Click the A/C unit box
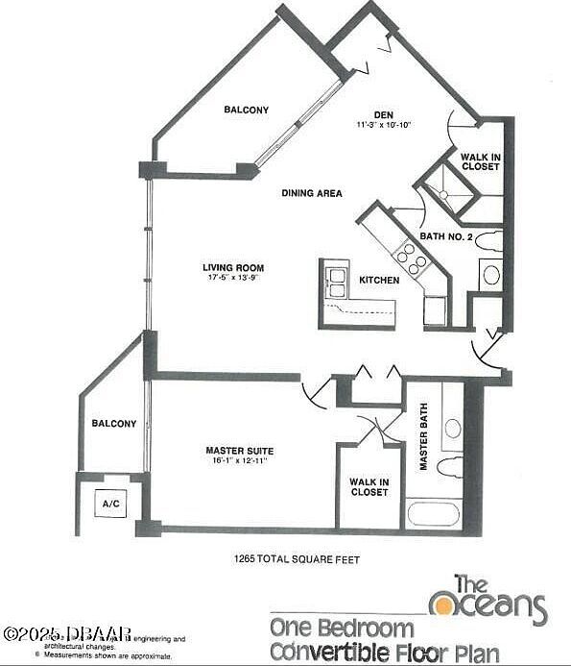[108, 503]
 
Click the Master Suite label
[239, 450]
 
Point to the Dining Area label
[312, 193]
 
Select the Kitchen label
[379, 281]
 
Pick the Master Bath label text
[422, 437]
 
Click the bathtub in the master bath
[433, 512]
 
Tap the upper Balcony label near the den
[246, 110]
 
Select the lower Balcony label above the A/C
[113, 424]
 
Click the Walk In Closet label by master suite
[369, 487]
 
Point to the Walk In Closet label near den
[479, 161]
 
